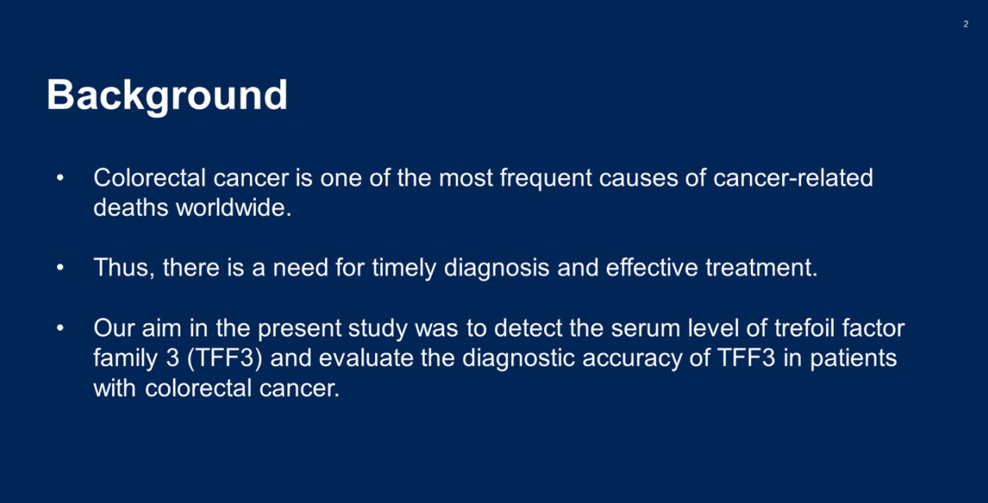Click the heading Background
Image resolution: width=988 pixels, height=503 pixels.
(x=167, y=96)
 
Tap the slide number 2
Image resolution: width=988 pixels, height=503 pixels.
(x=966, y=24)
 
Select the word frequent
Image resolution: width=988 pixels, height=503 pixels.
(x=545, y=179)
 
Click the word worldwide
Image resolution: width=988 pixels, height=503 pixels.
(x=234, y=208)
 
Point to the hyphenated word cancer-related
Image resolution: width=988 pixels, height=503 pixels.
(x=793, y=178)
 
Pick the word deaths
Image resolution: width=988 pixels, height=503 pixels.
(x=131, y=208)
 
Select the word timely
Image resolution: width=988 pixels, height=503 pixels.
(x=404, y=269)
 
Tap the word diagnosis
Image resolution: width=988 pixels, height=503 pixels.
(x=497, y=269)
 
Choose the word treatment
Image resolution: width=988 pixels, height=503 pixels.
(x=761, y=267)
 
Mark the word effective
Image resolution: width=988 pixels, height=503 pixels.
(x=652, y=267)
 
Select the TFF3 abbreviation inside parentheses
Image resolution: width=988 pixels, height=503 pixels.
(x=224, y=358)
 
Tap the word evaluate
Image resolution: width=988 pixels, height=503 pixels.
(x=366, y=358)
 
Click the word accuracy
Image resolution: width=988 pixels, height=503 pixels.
(x=633, y=359)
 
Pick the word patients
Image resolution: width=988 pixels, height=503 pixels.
(x=854, y=359)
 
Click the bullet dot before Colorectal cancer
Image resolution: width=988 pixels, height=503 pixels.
(x=61, y=178)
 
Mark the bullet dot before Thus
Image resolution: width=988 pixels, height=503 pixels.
(x=61, y=267)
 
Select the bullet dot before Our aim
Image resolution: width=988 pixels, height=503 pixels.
(x=61, y=329)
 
